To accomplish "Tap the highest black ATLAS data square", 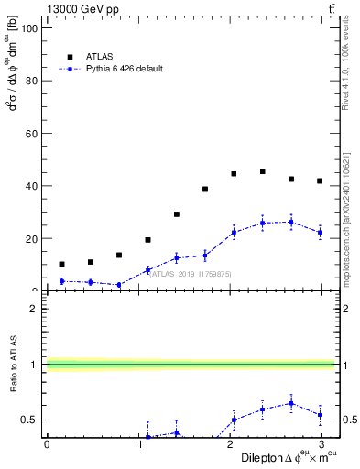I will pos(263,171).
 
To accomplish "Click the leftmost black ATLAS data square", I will pos(61,264).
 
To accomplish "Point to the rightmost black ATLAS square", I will pos(320,181).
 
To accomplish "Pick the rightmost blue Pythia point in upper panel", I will pos(320,233).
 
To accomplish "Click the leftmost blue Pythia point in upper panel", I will pos(61,281).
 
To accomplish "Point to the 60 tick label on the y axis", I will pos(30,134).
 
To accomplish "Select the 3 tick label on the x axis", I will pos(320,444).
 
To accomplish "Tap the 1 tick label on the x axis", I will pos(137,444).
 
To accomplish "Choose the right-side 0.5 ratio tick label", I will pos(348,420).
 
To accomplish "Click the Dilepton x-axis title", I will pos(286,457).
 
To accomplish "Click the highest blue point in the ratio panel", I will pos(291,403).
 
